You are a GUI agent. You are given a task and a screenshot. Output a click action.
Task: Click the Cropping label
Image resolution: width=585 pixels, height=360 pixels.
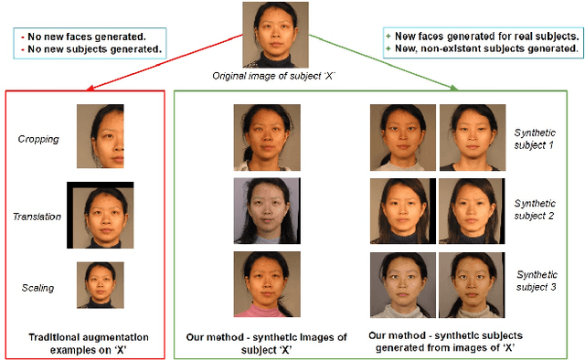click(38, 140)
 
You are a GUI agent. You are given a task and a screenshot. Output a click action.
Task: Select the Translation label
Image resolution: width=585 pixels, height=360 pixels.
click(38, 216)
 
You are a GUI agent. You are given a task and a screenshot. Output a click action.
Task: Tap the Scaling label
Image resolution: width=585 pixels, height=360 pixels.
click(38, 288)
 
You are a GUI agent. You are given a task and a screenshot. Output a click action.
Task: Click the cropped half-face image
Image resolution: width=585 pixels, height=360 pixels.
click(100, 136)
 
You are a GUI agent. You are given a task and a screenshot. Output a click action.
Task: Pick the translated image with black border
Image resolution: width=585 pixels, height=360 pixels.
click(100, 216)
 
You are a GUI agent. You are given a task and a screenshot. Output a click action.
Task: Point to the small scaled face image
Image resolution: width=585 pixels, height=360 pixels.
click(100, 285)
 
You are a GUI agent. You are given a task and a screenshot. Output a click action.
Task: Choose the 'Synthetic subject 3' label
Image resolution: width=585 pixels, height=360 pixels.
click(537, 281)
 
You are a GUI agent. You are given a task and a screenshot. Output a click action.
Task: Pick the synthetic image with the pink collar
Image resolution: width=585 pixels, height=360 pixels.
click(266, 283)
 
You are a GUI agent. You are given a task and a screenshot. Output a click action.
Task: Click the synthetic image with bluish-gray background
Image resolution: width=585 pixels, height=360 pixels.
click(266, 211)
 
